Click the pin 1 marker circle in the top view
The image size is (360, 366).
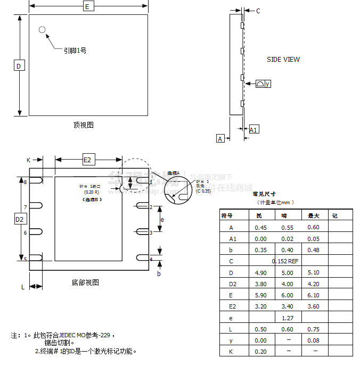coord(42,29)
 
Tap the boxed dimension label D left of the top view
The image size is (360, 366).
coord(19,65)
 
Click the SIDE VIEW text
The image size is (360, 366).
coord(283,60)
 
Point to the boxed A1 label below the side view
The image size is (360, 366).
coord(254,130)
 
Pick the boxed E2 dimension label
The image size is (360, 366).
coord(88,160)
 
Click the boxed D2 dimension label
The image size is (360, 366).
coord(19,219)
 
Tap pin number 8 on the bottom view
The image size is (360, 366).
coord(25,182)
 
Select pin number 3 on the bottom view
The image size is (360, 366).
coord(151,232)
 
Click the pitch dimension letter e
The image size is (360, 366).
coord(162,219)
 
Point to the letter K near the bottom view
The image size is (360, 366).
coord(29,160)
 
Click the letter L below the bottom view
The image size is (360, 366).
coord(23,287)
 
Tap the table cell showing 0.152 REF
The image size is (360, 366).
coord(285,261)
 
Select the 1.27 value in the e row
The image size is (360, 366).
coord(288,318)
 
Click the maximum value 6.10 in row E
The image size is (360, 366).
coord(313,295)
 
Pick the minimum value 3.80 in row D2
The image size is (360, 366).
coord(261,284)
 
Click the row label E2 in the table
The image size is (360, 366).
coord(232,306)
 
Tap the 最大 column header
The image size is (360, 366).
coord(313,216)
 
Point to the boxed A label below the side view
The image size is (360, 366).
coord(220,139)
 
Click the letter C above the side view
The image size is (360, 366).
coord(258,11)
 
